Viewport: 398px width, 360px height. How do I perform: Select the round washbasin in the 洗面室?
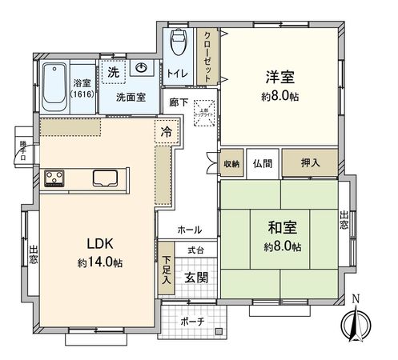coord(142,67)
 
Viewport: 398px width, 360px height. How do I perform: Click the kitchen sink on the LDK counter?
coord(107,178)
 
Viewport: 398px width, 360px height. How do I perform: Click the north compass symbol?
coord(354,324)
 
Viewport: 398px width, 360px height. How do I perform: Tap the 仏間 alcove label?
coord(263,162)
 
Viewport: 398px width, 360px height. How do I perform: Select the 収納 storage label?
coord(231,162)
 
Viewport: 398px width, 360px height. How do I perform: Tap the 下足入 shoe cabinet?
coord(166,270)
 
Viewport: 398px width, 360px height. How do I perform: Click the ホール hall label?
coord(189,230)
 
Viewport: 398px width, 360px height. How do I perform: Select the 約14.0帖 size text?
coord(100,262)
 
